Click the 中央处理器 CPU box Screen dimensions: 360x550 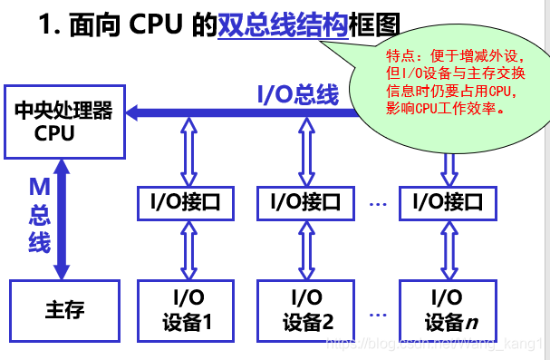63,122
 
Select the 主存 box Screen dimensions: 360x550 63,311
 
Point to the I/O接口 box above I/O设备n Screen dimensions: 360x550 448,203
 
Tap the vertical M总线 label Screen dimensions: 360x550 39,214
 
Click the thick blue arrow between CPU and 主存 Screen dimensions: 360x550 62,218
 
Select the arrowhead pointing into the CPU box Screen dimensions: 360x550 133,112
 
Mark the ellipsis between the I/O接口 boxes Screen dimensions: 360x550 378,204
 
